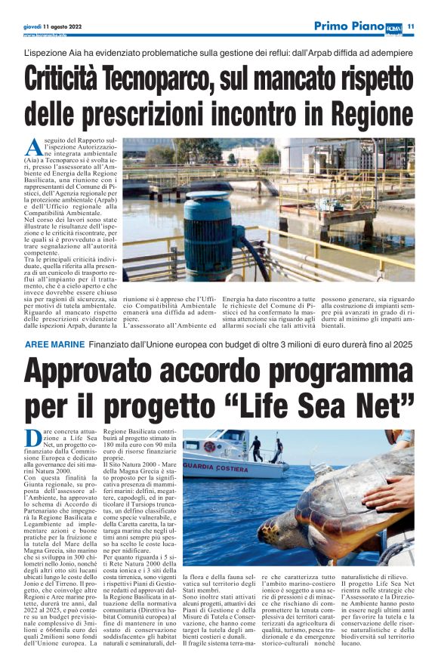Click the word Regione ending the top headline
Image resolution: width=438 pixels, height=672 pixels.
pos(362,114)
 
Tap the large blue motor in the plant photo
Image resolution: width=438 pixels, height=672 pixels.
pos(206,230)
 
